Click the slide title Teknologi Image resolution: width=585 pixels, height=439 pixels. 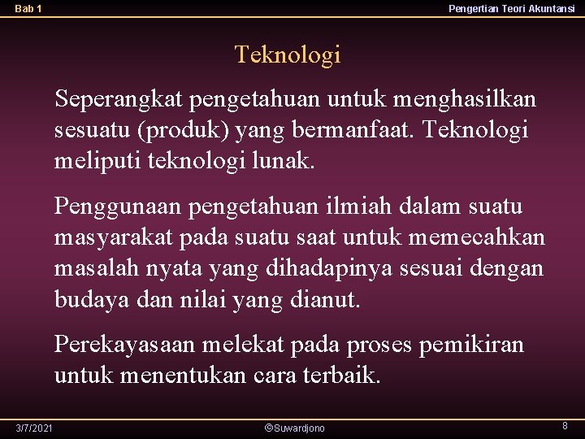click(288, 55)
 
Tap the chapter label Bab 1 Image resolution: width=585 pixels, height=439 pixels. click(28, 9)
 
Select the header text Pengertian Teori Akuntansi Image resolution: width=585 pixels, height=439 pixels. click(511, 9)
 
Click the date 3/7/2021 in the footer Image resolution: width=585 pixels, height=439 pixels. click(34, 428)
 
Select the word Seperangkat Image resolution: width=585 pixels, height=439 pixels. click(119, 100)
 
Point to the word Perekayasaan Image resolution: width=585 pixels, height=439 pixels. click(124, 345)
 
